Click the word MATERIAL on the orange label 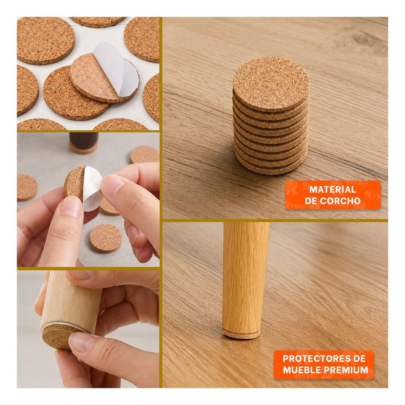point(333,189)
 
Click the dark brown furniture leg point(83,141)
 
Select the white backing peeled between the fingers point(92,188)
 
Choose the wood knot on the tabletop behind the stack point(367,39)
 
